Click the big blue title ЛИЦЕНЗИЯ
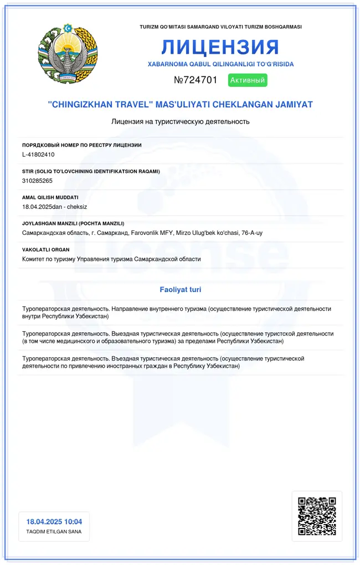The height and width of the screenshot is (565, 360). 220,47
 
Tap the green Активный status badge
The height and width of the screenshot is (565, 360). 248,80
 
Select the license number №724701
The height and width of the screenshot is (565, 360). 196,80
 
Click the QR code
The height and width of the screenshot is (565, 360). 317,516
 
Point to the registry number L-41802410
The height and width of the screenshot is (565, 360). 38,155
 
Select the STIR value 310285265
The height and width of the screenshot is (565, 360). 37,181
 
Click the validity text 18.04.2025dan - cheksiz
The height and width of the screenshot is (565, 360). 51,207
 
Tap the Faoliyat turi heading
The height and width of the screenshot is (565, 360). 181,290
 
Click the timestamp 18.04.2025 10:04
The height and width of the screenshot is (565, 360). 54,522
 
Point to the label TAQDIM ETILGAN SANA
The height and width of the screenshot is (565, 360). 54,532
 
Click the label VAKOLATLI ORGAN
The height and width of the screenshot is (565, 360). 46,250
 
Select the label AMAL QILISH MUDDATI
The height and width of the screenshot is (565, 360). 50,197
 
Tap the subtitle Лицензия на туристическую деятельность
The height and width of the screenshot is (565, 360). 181,121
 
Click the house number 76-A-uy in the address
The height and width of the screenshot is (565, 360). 253,233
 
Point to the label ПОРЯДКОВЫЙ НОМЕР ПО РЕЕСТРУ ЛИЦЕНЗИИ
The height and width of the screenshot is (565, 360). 82,145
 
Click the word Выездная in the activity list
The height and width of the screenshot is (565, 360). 127,333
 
